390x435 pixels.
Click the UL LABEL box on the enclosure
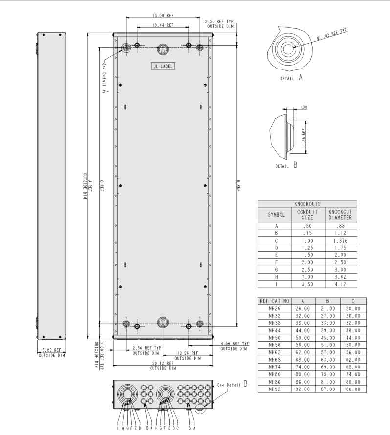162,66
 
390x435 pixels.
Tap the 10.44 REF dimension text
162,25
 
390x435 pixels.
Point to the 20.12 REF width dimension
163,364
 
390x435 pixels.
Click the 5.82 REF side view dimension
51,350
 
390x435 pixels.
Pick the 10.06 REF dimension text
188,353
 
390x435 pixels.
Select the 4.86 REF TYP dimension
235,344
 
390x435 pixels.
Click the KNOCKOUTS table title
307,204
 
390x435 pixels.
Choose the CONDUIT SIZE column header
307,215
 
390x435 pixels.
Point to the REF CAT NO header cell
275,301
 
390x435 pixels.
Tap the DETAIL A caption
291,78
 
